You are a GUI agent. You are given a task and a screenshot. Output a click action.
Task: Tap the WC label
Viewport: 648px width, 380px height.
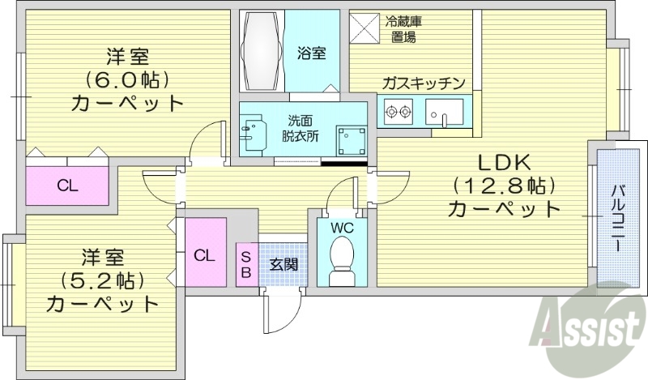click(x=342, y=228)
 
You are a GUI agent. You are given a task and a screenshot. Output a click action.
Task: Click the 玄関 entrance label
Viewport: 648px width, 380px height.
click(x=283, y=263)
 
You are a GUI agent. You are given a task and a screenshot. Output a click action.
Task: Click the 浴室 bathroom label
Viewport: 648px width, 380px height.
click(x=312, y=53)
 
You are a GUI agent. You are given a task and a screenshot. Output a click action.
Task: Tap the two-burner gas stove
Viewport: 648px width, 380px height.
click(x=399, y=113)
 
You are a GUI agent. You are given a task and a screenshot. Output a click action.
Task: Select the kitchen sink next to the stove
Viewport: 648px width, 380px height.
click(x=444, y=113)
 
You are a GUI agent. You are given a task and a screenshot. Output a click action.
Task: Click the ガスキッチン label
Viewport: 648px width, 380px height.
click(x=423, y=82)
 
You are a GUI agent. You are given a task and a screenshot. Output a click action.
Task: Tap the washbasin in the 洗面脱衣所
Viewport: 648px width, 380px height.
click(x=255, y=133)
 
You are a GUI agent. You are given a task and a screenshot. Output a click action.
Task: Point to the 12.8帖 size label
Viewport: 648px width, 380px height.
click(x=504, y=183)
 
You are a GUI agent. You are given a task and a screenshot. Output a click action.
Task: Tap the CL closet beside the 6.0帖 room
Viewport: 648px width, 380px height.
click(x=67, y=186)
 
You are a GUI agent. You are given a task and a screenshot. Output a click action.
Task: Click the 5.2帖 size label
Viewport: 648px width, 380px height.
click(x=101, y=280)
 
